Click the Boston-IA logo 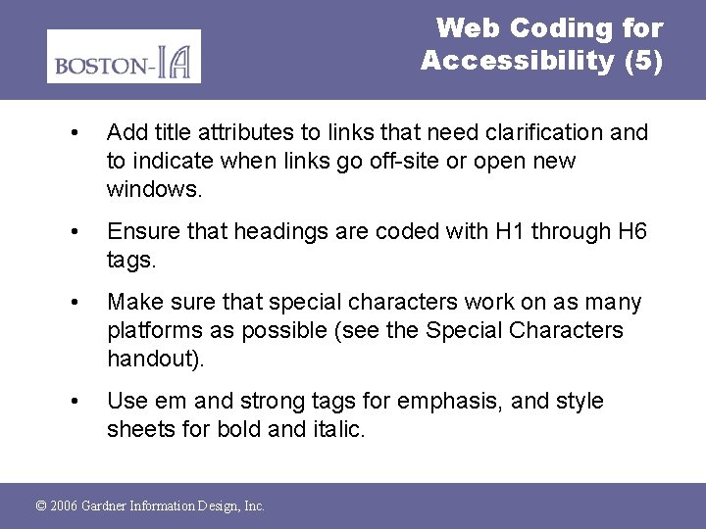pos(124,56)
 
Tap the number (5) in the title pos(642,61)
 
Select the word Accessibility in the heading pos(517,61)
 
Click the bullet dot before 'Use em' pos(76,402)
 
